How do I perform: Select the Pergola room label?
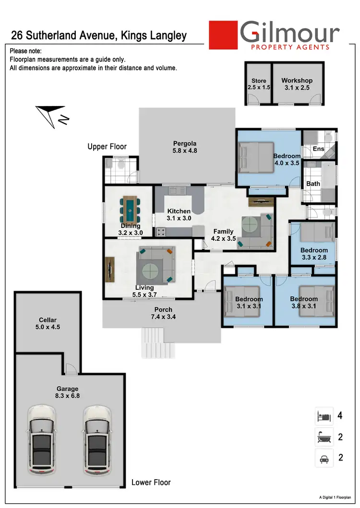point(185,143)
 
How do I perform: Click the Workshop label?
point(297,81)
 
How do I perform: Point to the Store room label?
point(259,81)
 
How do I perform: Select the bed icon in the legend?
point(324,416)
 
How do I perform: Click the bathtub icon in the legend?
point(324,437)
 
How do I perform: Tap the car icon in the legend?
point(324,458)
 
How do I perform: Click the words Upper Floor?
point(107,147)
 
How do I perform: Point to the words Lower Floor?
point(151,482)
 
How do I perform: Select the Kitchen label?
point(179,211)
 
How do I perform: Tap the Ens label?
point(319,149)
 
